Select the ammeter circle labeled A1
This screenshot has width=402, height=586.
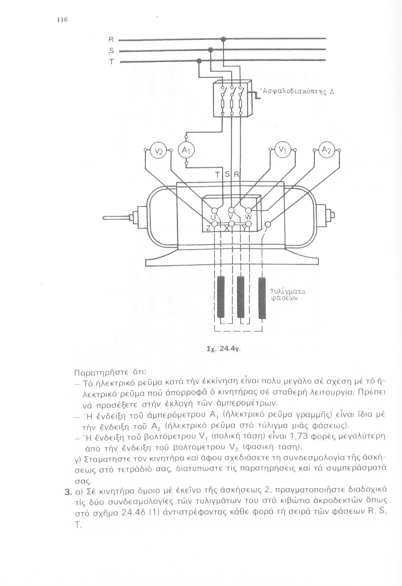coord(186,150)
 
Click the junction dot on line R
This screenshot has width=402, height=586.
coord(223,39)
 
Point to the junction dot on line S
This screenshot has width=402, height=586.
coord(210,50)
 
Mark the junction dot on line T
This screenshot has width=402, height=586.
coord(199,61)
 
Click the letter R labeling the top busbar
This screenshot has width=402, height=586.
coord(111,39)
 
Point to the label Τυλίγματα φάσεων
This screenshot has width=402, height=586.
coord(287,295)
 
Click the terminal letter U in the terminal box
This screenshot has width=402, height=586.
coord(213,216)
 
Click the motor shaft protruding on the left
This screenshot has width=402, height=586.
coord(117,218)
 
